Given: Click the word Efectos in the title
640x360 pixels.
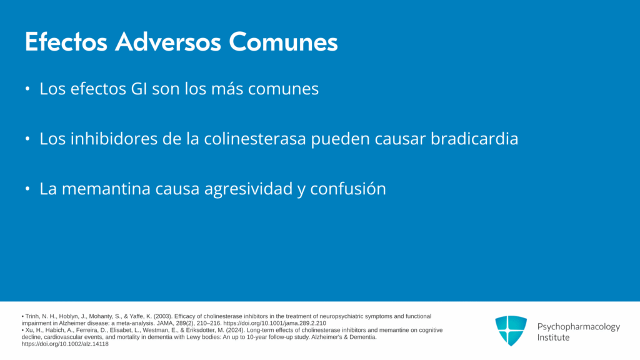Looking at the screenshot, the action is [x=66, y=42].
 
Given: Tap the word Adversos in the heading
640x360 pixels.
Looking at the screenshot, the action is [x=168, y=42].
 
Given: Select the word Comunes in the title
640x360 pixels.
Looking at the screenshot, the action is [x=283, y=42].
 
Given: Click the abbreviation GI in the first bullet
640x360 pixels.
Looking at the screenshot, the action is [x=139, y=89].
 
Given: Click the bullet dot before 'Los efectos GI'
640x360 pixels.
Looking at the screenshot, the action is [x=27, y=89].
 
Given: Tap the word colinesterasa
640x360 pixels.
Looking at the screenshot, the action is [x=255, y=139].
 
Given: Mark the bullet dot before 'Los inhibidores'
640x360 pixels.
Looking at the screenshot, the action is [x=27, y=139].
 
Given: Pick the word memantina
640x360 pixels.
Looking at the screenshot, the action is [x=106, y=189].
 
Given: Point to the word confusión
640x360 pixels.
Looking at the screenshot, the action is [x=348, y=189].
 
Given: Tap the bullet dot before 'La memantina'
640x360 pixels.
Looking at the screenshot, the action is [x=27, y=189].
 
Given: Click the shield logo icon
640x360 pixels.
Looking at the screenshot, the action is [x=511, y=331].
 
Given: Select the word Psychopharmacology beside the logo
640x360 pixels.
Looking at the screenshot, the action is [x=578, y=327].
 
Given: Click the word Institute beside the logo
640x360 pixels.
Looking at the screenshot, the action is [x=553, y=337].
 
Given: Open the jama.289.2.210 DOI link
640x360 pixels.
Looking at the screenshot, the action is [x=275, y=323].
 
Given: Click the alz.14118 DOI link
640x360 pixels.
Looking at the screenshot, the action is [x=65, y=344].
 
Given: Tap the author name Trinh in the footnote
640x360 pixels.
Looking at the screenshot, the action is [x=32, y=316].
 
